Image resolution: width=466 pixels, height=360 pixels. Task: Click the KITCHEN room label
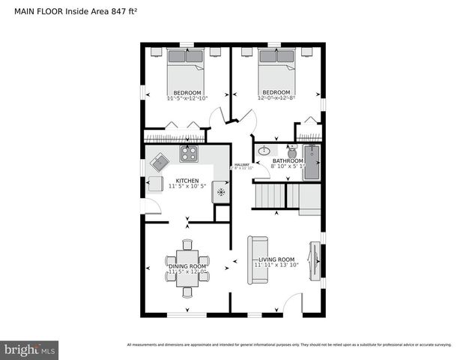pos(187,181)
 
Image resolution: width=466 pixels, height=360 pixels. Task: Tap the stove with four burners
pos(188,154)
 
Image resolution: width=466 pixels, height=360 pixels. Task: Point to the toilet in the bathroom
pos(291,152)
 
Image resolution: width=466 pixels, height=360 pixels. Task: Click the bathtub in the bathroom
pos(312,161)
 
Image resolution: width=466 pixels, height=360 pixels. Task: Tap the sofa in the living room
pos(258,259)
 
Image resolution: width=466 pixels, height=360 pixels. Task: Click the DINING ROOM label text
pos(187,266)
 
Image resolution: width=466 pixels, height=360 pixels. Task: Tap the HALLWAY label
pos(242,165)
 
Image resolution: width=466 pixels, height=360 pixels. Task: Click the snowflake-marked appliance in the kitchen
pos(221,192)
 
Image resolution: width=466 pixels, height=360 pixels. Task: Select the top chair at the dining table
pos(187,244)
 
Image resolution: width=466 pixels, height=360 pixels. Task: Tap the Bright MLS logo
pos(30,349)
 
